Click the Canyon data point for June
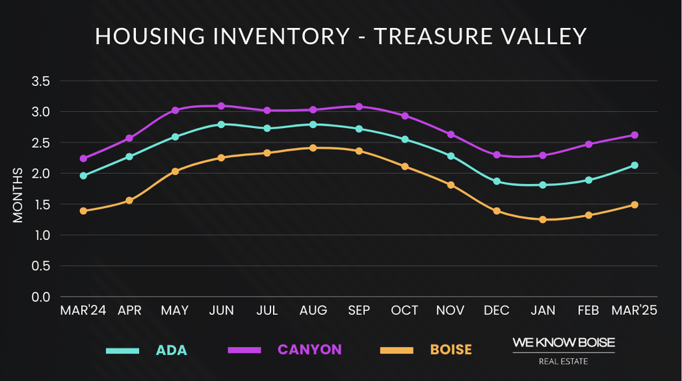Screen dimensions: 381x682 (221, 106)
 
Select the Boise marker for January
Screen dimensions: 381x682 (542, 219)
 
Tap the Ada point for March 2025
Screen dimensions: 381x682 (635, 165)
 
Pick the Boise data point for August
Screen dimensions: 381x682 (313, 148)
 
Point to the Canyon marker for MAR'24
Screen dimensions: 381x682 (83, 159)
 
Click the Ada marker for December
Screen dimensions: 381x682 (497, 181)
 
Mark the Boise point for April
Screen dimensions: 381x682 (129, 200)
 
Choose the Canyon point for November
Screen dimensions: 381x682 (451, 135)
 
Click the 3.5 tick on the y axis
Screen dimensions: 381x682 (41, 81)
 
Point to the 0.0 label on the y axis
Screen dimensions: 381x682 (41, 297)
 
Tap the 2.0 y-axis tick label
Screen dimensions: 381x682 (41, 174)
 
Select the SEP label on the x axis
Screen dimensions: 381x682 (359, 311)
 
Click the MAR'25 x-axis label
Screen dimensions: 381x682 (634, 311)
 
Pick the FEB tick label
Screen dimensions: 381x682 (588, 311)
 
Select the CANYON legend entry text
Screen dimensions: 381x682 (309, 350)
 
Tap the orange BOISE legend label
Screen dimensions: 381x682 (451, 350)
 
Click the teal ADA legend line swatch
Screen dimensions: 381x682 (123, 350)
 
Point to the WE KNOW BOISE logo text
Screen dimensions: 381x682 (563, 343)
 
